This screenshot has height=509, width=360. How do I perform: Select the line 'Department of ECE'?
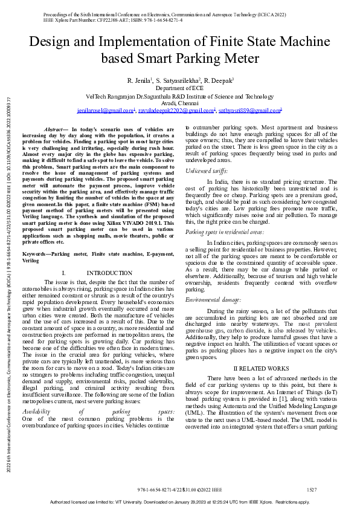[180, 88]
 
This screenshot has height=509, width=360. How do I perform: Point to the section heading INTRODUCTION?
[109, 273]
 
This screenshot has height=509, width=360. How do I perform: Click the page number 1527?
[312, 488]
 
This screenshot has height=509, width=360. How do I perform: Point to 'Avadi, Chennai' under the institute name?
[180, 103]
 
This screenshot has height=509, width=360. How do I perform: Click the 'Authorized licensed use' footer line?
[179, 502]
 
